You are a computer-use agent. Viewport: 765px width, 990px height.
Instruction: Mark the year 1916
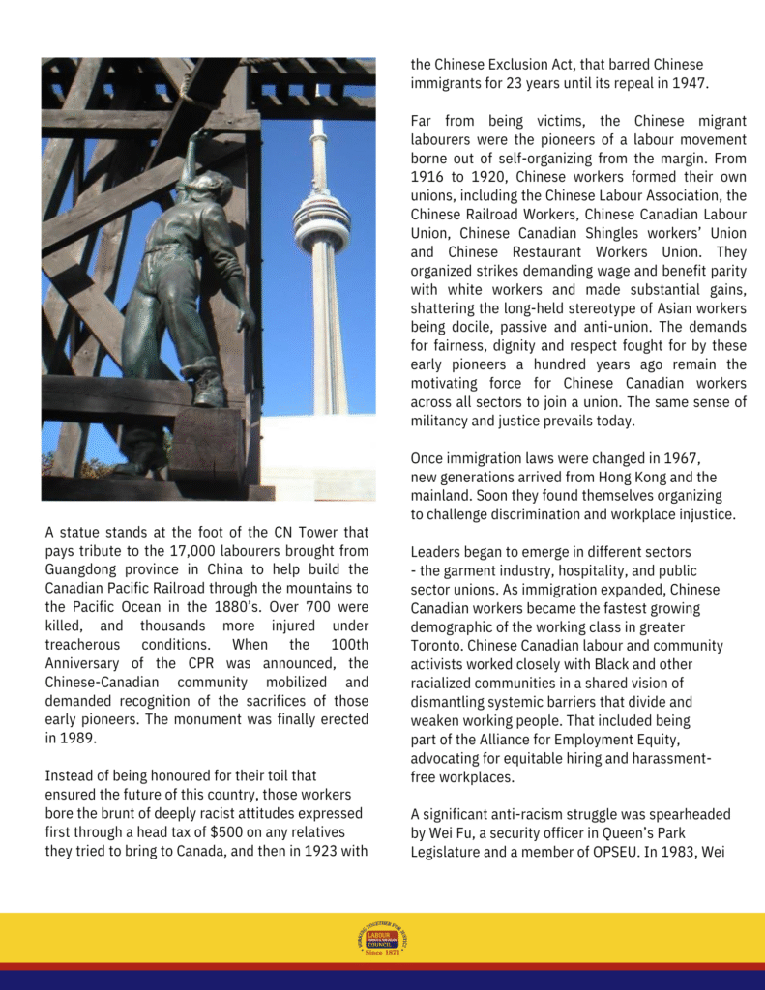(430, 176)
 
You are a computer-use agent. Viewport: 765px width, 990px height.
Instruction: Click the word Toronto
(439, 646)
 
